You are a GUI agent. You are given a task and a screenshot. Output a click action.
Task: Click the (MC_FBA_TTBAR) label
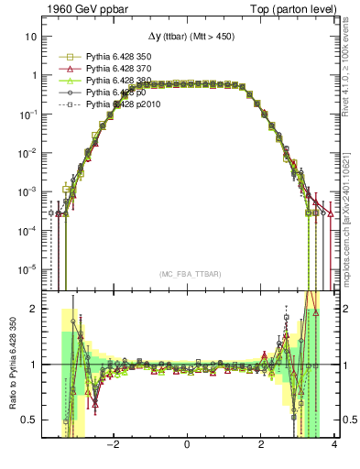(x=186, y=275)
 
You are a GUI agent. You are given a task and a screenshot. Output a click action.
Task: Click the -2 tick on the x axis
(x=113, y=446)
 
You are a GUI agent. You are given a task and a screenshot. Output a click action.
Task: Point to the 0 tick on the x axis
(x=187, y=446)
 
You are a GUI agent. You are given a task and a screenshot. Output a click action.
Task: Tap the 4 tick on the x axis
(x=334, y=446)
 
